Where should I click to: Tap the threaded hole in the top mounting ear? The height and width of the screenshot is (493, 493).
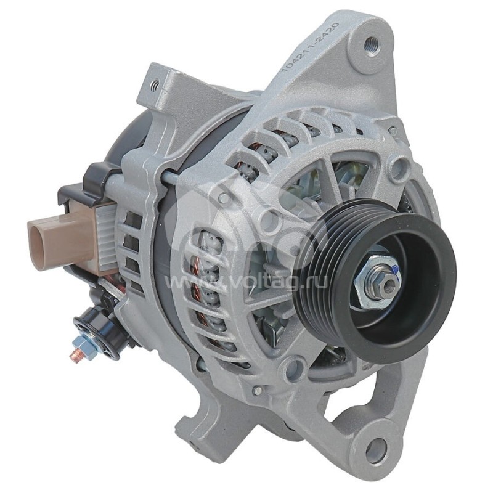pos(371,44)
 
